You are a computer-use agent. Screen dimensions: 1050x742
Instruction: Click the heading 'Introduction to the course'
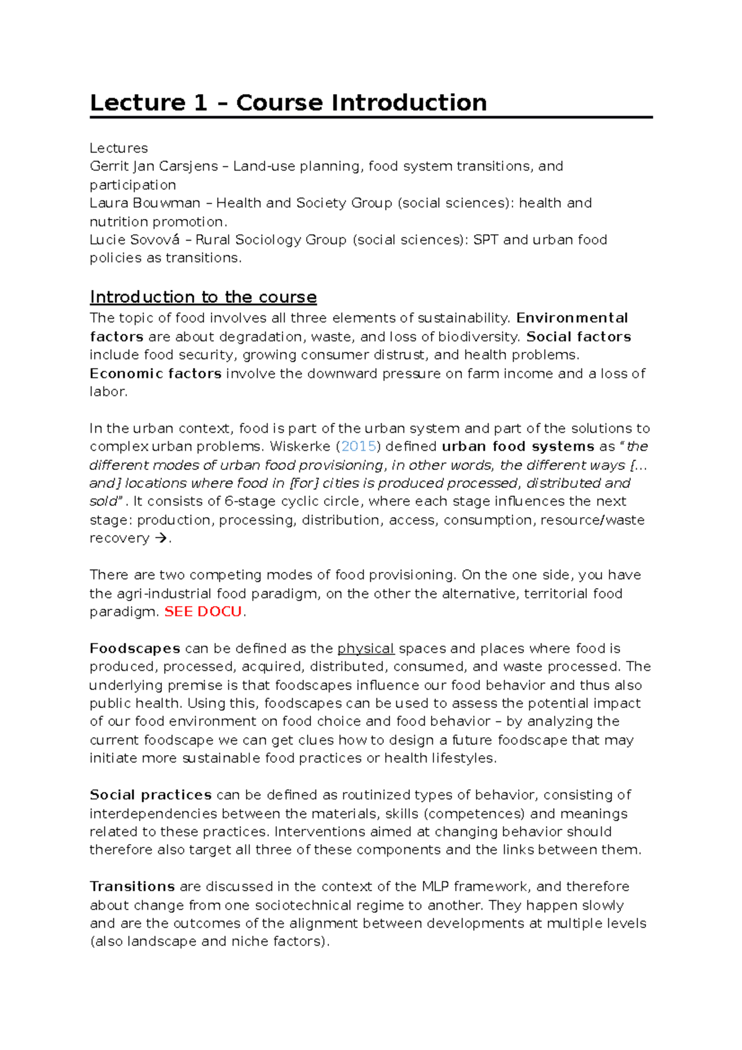[x=203, y=297]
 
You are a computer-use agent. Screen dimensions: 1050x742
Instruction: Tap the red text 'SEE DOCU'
[x=203, y=612]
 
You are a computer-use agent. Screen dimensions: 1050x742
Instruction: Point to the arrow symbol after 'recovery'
[x=161, y=539]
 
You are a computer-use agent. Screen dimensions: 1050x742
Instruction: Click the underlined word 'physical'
[x=365, y=649]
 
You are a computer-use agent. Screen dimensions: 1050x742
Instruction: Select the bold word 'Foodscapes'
[x=135, y=649]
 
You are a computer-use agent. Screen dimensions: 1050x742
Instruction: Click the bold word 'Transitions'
[x=132, y=887]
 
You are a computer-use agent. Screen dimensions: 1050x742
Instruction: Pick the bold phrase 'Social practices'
[x=150, y=795]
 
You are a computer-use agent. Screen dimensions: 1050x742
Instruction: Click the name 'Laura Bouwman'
[x=145, y=203]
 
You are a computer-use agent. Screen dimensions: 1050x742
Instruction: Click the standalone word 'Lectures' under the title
[x=118, y=148]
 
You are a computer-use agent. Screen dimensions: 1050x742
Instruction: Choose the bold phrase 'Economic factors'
[x=155, y=373]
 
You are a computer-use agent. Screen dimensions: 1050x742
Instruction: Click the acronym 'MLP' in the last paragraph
[x=435, y=887]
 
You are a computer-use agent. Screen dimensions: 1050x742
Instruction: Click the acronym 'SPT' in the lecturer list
[x=485, y=240]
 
